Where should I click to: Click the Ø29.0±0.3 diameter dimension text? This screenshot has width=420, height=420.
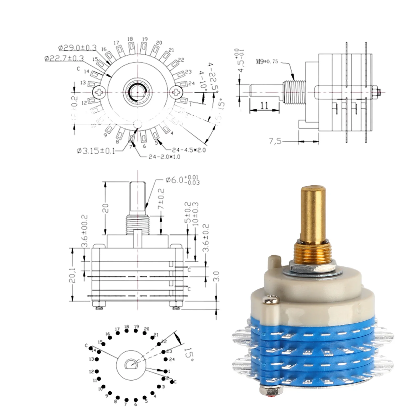pos(77,48)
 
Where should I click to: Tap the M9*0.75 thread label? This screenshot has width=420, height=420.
pos(267,62)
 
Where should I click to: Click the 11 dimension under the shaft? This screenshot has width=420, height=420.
pos(264,106)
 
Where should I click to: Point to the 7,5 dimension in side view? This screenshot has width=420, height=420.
pos(275,141)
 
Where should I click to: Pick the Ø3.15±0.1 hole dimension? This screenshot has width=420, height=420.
pos(96,151)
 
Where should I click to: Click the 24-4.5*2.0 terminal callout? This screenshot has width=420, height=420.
pos(189,150)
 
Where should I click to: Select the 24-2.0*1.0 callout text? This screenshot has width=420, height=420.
pos(164,157)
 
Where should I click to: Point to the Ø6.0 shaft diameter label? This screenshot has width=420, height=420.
pos(182,180)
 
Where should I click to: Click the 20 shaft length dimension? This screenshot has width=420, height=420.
pos(105,208)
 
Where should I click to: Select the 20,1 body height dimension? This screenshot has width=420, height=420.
pos(72,275)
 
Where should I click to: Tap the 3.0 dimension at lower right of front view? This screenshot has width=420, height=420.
pos(216,276)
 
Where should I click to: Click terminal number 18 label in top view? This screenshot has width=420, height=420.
pos(130,39)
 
